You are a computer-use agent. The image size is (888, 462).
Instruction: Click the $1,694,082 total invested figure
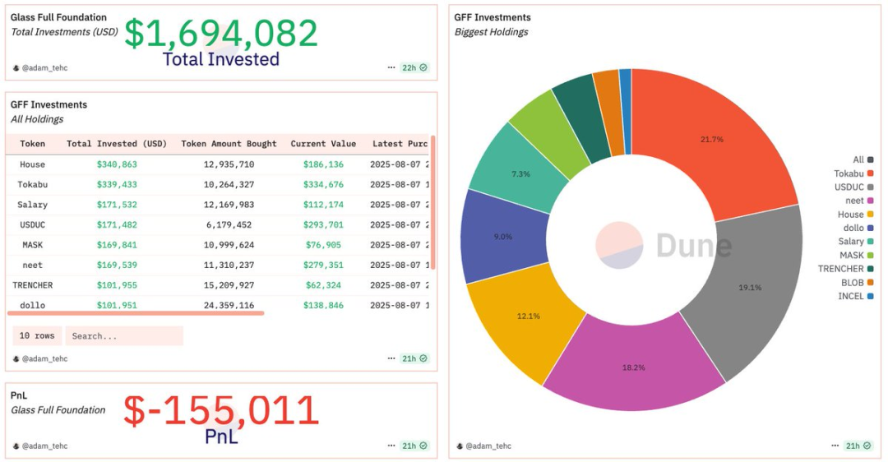[x=220, y=34]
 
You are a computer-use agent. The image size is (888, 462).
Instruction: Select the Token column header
[x=33, y=144]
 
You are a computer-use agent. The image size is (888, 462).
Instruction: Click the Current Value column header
[x=323, y=144]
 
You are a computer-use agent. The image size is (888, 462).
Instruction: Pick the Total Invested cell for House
[x=117, y=164]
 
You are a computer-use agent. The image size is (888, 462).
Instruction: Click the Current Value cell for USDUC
[x=323, y=224]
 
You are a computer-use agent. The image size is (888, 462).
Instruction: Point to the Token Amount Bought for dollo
[x=229, y=305]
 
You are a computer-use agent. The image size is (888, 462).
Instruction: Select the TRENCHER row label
[x=33, y=285]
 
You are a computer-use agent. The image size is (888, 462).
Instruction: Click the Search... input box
[x=123, y=336]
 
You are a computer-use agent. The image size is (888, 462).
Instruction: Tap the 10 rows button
[x=37, y=336]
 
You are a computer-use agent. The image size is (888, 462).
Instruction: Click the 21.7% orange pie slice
[x=711, y=140]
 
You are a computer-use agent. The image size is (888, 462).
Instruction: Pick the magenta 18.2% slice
[x=633, y=367]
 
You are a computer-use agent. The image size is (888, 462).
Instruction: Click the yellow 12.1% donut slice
[x=529, y=316]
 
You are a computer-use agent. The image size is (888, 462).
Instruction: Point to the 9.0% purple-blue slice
[x=502, y=237]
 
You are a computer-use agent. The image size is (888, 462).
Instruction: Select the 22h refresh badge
[x=414, y=67]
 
